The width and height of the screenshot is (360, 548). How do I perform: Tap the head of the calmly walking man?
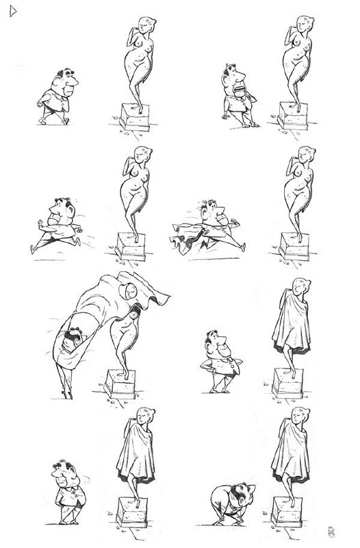pyautogui.click(x=65, y=79)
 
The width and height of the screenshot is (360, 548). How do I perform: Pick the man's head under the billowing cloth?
pyautogui.click(x=72, y=337)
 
